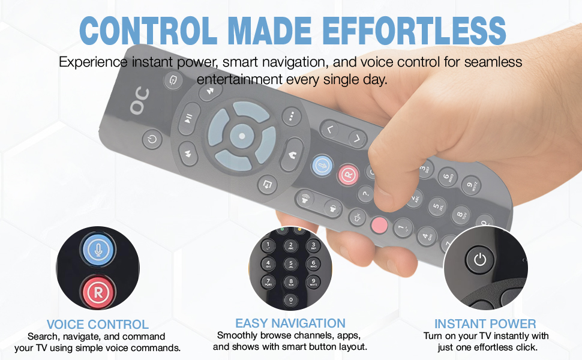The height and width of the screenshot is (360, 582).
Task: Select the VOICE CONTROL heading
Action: point(98,325)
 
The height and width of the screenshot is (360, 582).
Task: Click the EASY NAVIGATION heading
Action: point(290,323)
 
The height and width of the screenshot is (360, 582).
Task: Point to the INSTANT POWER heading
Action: point(485,323)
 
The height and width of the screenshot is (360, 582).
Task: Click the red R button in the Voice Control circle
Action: point(98,292)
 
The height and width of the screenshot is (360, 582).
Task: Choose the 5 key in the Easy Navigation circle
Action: point(290,264)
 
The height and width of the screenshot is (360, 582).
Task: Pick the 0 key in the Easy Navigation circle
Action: point(290,300)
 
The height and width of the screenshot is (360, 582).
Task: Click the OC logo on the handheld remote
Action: point(140,101)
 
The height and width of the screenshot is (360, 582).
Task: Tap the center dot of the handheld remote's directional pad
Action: point(242,136)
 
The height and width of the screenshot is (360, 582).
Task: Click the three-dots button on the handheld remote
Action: point(292,116)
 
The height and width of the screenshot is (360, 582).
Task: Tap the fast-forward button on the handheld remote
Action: point(211,91)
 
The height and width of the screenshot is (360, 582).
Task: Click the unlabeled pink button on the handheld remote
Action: point(379,225)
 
